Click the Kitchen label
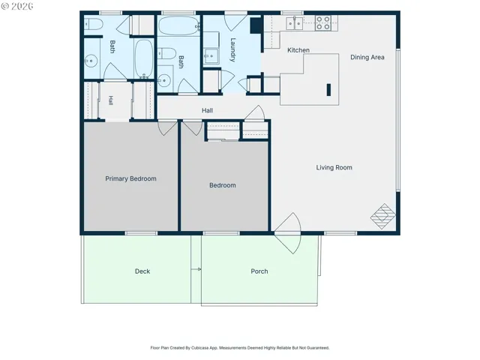(x=298, y=50)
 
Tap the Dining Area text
(x=367, y=57)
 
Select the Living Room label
(x=334, y=167)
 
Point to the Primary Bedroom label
(x=130, y=178)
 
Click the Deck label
(x=142, y=271)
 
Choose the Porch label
(x=259, y=271)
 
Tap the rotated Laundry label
(x=232, y=50)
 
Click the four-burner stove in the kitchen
(x=323, y=23)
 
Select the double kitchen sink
(x=294, y=23)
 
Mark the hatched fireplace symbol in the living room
(x=383, y=217)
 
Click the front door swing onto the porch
(x=288, y=233)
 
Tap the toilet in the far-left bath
(x=93, y=24)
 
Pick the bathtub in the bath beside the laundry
(x=179, y=26)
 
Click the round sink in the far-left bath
(x=91, y=61)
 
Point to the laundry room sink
(x=211, y=55)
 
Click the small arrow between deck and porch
(x=196, y=269)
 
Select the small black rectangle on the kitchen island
(x=328, y=90)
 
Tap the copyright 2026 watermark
(x=17, y=6)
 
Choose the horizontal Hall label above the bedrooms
(x=207, y=110)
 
